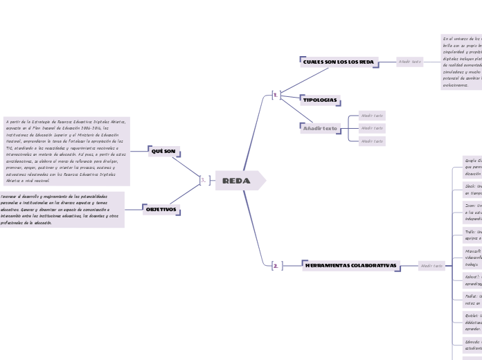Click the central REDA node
pos(236,181)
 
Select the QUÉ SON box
pos(163,151)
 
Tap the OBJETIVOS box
pos(161,208)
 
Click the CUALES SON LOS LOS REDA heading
pos(339,62)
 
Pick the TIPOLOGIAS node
pos(321,100)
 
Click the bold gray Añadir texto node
pos(321,128)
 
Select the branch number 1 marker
pos(276,95)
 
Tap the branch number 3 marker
pos(203,181)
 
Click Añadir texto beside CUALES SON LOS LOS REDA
pos(409,62)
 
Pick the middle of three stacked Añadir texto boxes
pos(372,128)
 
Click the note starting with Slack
pos(472,190)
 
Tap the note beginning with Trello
pos(472,235)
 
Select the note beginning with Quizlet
pos(472,322)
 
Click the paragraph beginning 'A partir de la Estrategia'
pos(66,151)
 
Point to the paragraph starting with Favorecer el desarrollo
pos(61,209)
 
